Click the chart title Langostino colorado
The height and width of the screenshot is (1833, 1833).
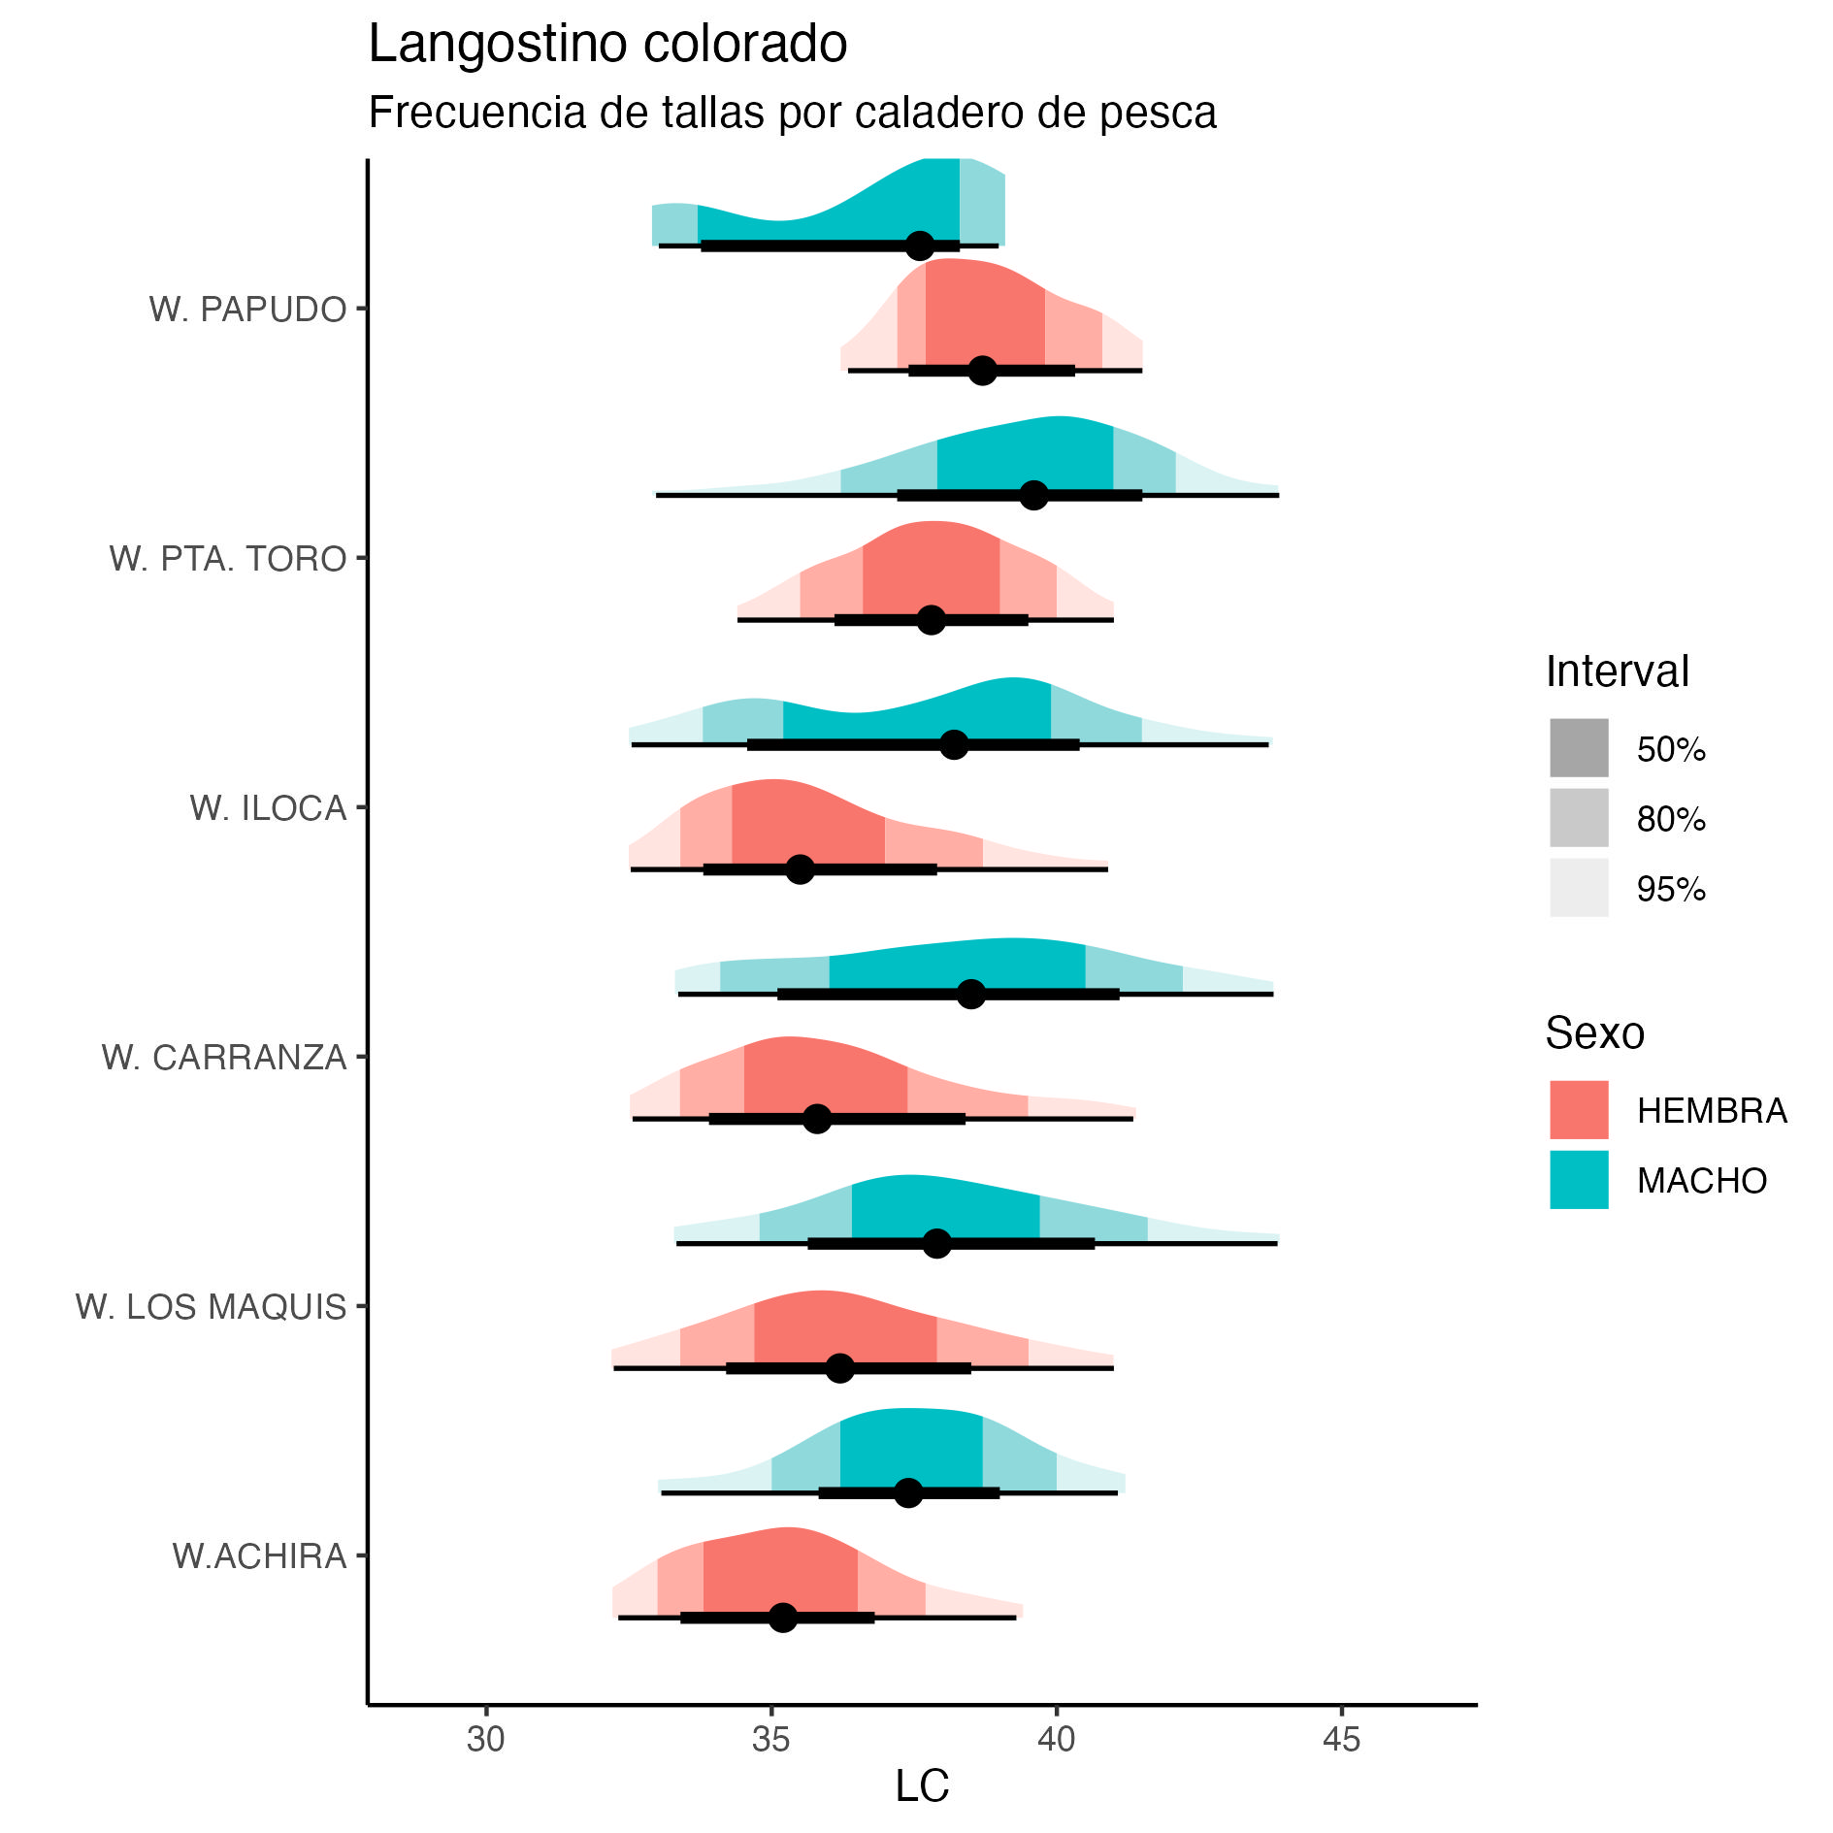tap(607, 45)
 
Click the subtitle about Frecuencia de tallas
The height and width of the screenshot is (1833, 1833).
tap(792, 113)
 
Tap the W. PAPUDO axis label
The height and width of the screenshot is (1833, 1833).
tap(247, 310)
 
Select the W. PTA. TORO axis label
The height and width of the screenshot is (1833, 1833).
tap(228, 559)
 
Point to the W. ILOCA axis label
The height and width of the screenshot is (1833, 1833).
tap(268, 808)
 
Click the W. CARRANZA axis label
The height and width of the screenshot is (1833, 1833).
tap(224, 1058)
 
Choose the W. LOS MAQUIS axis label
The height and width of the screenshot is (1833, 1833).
tap(211, 1307)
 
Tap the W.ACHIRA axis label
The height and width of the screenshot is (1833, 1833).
tap(259, 1556)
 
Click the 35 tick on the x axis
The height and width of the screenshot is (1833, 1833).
tap(771, 1740)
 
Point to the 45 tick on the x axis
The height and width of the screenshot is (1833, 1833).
tap(1342, 1740)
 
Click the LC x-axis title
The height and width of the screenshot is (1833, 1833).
tap(922, 1786)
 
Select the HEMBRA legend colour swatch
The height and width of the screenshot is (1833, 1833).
tap(1579, 1110)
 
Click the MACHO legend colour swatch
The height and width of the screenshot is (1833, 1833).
tap(1579, 1180)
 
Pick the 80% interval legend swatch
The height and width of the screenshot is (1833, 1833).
tap(1579, 818)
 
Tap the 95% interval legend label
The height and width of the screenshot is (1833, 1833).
tap(1671, 889)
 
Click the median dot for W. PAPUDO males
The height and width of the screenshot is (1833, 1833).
tap(920, 245)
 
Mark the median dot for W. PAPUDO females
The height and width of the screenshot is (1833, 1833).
tap(983, 371)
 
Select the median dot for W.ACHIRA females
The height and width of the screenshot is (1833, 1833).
tap(783, 1618)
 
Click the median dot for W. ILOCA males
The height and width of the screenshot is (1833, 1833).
tap(954, 744)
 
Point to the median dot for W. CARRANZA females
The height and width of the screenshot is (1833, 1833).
tap(817, 1119)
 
